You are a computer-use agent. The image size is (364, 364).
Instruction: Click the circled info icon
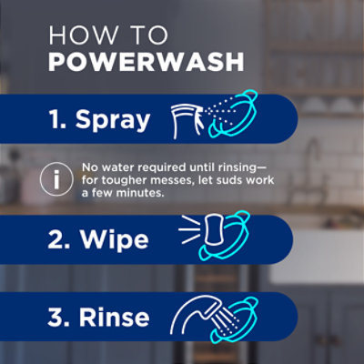click(57, 179)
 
